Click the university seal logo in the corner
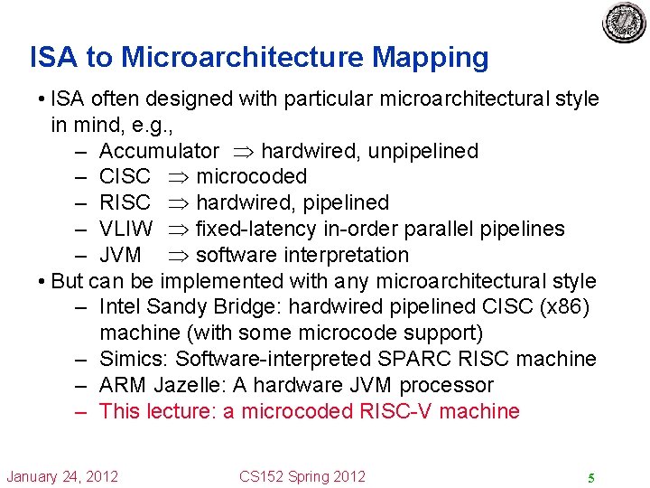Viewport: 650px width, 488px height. [x=625, y=23]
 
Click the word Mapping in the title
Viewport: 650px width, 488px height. [x=431, y=58]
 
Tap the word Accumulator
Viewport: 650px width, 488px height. [x=159, y=151]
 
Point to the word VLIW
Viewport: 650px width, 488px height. [x=126, y=229]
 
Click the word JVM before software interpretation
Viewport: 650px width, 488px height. [x=120, y=255]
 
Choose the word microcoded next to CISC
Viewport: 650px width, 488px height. [x=251, y=177]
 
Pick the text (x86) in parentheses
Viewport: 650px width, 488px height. [x=563, y=307]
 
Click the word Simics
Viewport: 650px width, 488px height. [x=131, y=359]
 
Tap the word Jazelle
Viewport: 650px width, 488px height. [x=190, y=385]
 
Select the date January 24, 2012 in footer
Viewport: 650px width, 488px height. [x=62, y=476]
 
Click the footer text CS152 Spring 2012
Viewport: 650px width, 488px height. [x=302, y=476]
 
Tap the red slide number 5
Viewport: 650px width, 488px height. [x=590, y=478]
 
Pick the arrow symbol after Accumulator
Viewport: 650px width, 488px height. [x=239, y=151]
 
